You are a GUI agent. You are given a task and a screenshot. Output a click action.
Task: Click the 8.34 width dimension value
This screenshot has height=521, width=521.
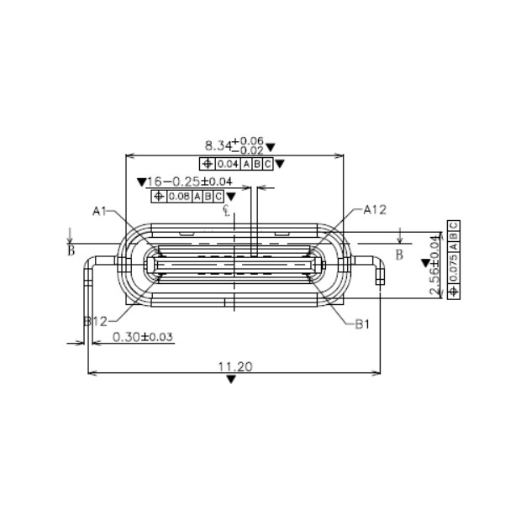pyautogui.click(x=221, y=145)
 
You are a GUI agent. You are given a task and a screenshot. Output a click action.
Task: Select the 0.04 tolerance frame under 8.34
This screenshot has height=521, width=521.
pyautogui.click(x=236, y=164)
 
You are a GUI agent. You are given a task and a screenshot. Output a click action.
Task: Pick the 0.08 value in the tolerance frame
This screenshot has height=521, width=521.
pyautogui.click(x=178, y=197)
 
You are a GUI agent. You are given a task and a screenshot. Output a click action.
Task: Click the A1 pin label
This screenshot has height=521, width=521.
pyautogui.click(x=100, y=211)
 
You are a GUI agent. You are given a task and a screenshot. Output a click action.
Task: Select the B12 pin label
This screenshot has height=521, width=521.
pyautogui.click(x=96, y=321)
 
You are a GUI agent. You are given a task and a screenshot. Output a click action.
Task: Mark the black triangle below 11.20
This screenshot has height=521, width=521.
pyautogui.click(x=232, y=380)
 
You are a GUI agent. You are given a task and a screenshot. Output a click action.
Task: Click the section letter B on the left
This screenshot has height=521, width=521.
pyautogui.click(x=71, y=250)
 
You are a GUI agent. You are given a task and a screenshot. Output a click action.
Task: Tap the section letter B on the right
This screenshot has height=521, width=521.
pyautogui.click(x=399, y=252)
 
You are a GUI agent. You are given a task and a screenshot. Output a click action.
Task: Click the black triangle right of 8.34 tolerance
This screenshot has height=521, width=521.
pyautogui.click(x=280, y=164)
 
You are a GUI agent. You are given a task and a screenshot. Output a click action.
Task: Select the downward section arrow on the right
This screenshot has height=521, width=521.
pyautogui.click(x=400, y=235)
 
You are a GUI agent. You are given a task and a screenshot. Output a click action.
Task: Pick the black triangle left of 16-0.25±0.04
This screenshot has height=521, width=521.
pyautogui.click(x=140, y=181)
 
